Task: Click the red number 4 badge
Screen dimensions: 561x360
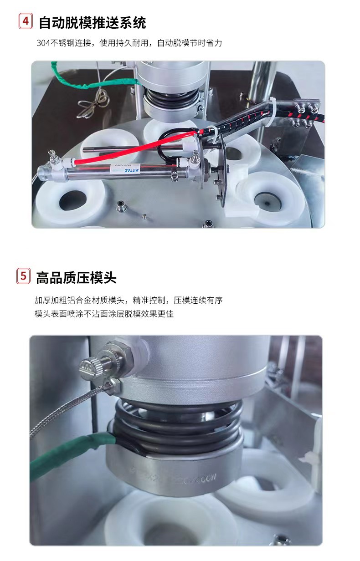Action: [26, 21]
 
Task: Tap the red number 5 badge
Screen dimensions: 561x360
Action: [24, 276]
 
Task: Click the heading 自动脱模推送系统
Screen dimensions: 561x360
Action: [92, 22]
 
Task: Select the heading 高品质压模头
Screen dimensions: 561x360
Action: [76, 277]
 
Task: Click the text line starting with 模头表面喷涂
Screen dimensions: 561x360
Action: [104, 314]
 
